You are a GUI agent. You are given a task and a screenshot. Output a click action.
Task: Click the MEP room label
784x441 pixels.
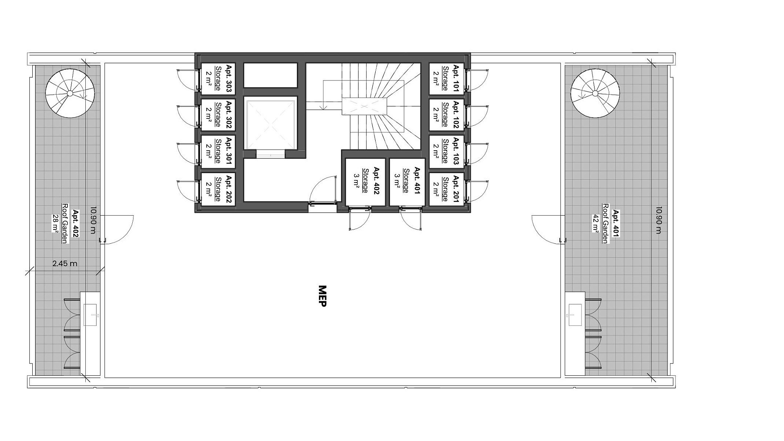point(322,296)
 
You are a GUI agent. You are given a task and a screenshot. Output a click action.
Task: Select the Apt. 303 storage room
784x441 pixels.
point(218,78)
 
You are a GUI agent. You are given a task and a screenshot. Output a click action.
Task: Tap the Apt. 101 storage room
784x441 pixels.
point(446,78)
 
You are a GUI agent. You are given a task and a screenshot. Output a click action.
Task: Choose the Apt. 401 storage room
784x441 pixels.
point(407,182)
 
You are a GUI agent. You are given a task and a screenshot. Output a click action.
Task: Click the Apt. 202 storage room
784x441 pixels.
point(218,188)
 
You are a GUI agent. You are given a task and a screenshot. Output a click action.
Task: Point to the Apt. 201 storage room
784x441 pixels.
point(446,188)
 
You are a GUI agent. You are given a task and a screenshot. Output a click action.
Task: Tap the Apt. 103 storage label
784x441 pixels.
point(445,151)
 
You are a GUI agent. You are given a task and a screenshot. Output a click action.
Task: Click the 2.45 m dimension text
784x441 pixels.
point(65,264)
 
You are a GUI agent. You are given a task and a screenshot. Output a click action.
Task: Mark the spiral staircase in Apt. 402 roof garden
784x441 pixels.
point(70,94)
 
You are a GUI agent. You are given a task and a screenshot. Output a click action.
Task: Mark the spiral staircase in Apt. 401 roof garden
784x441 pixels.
point(595,94)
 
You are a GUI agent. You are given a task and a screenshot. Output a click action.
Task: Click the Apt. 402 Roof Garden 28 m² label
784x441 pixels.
point(65,223)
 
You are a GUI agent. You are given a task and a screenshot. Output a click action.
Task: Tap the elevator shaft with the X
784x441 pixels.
point(271,123)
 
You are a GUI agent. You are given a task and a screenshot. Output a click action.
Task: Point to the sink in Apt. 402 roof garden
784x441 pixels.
point(90,315)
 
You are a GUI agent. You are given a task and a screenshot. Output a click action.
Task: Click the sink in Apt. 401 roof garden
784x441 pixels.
point(575,315)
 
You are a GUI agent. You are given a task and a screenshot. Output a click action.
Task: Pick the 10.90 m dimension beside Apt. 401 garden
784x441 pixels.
point(658,220)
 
